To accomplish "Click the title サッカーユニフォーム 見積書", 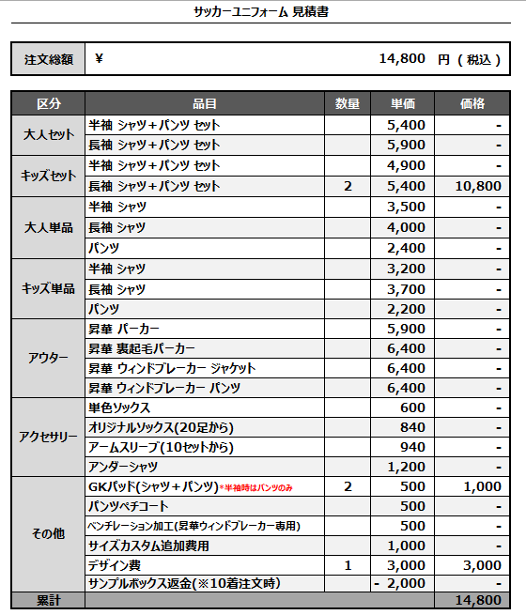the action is tap(260, 12).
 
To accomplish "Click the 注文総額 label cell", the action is tap(49, 59).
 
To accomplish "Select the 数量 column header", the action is tap(348, 103).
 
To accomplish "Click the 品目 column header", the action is tap(205, 103).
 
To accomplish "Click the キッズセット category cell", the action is tap(49, 176).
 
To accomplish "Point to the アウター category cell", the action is tap(49, 359).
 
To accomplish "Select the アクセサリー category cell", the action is tap(49, 438).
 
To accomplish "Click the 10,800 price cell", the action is tap(476, 186).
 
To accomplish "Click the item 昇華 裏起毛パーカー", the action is tap(142, 348).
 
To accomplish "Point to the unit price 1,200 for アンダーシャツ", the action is tap(406, 467).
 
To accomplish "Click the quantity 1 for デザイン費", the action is tap(348, 565).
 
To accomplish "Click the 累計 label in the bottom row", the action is tap(49, 600).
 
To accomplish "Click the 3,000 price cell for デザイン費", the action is tap(482, 565).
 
